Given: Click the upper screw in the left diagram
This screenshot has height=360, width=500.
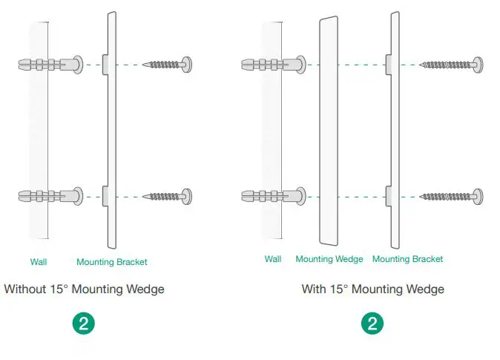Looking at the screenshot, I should (170, 65).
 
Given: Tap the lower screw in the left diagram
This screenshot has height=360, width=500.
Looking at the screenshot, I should (170, 197).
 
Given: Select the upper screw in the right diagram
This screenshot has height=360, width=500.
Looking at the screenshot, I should (452, 65).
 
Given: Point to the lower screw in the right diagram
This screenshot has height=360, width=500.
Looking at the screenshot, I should (452, 197).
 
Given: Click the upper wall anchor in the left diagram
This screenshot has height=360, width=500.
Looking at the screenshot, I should (50, 65).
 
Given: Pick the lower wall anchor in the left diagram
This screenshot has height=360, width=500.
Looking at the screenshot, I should (50, 197).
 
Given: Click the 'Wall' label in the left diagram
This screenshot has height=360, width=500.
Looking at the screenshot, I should (39, 262).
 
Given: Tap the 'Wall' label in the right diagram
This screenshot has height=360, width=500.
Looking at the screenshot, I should (273, 259).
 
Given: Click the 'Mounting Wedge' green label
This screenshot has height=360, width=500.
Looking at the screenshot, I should (329, 259).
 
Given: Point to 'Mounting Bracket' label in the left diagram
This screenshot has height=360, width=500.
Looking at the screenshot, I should (112, 262).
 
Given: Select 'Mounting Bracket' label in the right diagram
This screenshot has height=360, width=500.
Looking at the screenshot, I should (407, 259).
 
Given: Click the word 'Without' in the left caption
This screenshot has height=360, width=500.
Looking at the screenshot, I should (24, 289).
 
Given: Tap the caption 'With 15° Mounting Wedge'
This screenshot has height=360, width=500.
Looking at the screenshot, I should (372, 289).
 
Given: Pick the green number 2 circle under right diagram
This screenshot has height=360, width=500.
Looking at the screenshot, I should (372, 324).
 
